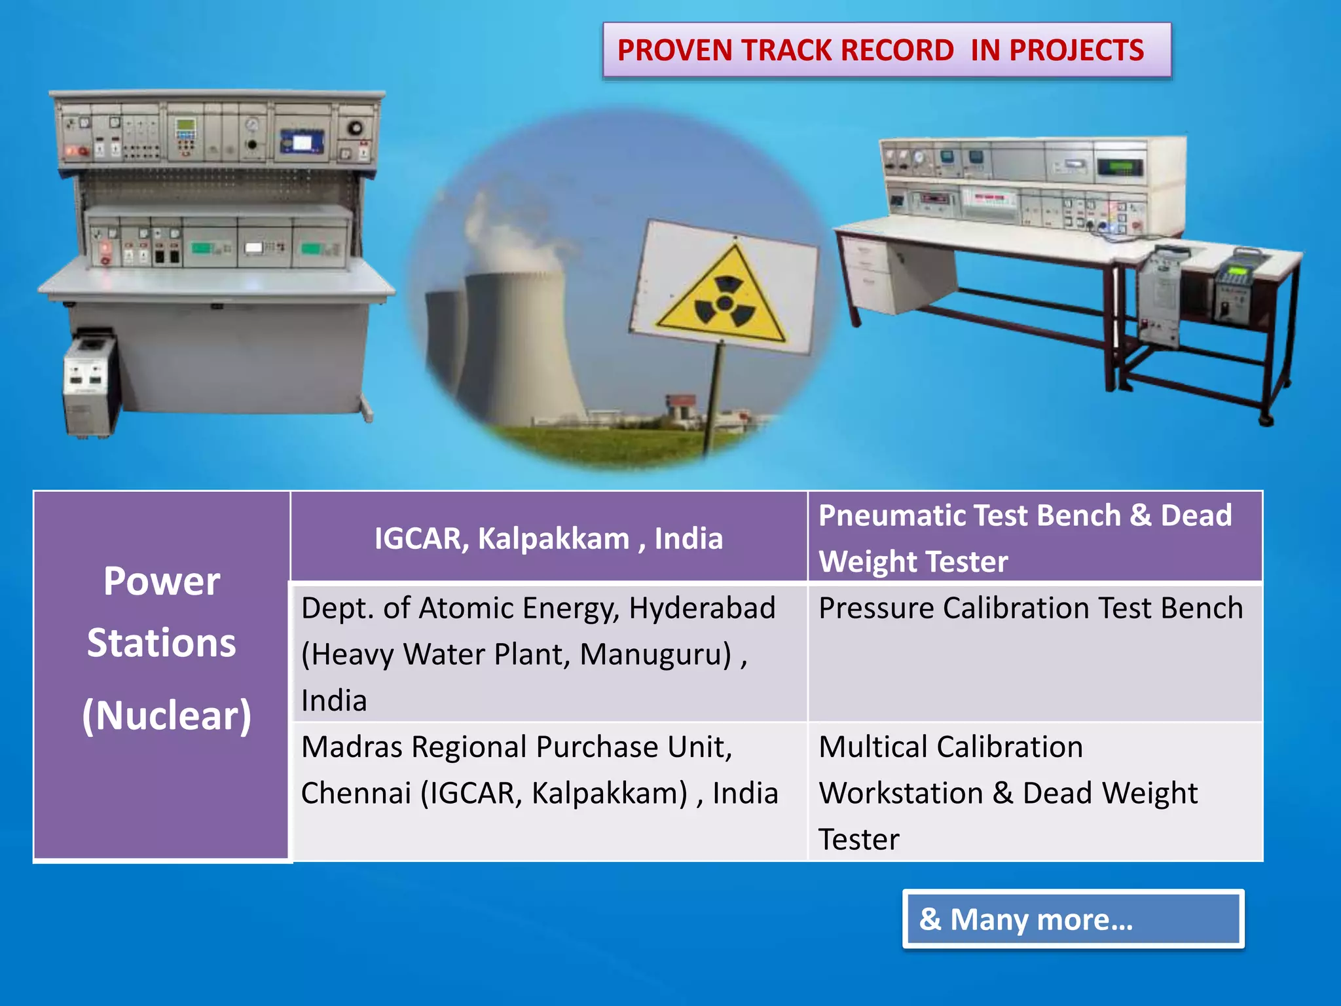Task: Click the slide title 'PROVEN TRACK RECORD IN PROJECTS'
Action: [881, 50]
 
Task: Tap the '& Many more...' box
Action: [1073, 919]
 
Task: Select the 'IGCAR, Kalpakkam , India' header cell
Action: [549, 538]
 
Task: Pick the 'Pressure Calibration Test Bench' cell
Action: [1031, 608]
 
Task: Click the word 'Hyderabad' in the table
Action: [702, 608]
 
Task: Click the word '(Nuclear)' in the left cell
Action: [166, 715]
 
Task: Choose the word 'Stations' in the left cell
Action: [162, 643]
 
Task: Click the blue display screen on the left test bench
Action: [302, 141]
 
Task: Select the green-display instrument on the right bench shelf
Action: [1121, 167]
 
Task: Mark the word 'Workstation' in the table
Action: [900, 793]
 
